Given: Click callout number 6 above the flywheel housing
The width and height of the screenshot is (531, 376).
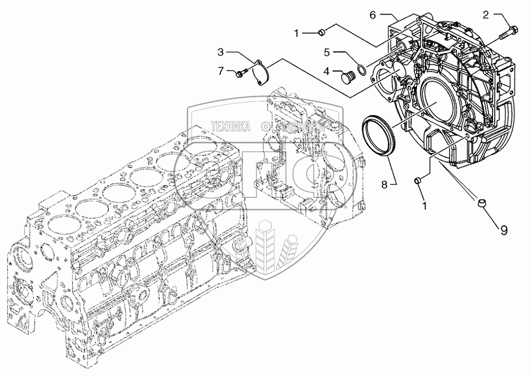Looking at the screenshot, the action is click(x=373, y=16).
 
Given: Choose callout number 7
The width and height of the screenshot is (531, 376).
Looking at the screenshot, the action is click(x=219, y=71).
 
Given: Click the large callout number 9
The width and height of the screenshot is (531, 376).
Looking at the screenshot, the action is click(x=503, y=230).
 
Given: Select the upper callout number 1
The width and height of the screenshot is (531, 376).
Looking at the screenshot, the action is click(x=296, y=34).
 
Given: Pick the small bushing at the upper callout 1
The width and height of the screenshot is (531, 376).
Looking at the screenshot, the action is click(x=322, y=34).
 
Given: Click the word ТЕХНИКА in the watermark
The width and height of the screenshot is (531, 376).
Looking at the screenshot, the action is click(x=231, y=126).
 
